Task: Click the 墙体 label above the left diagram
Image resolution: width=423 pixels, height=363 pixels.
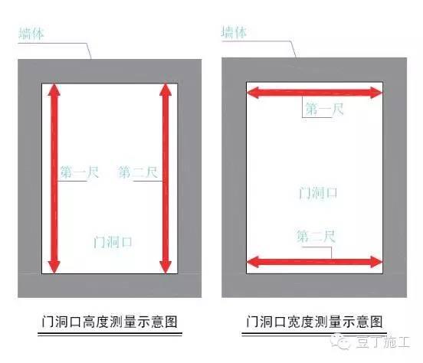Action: tap(31, 34)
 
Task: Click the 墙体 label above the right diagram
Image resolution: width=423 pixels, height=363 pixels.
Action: tap(234, 32)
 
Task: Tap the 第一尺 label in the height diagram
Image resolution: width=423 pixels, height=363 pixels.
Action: tap(80, 172)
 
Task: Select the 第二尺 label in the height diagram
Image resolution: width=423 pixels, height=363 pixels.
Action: tap(138, 172)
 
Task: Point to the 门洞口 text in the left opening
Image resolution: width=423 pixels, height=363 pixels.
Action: tap(113, 242)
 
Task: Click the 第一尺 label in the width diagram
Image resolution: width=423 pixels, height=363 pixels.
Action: tap(324, 109)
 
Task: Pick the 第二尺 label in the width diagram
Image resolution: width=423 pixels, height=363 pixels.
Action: tap(316, 236)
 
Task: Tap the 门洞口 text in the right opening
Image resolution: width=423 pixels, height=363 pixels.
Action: tap(318, 193)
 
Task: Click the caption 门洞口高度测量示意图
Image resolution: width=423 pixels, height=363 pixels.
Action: tap(110, 322)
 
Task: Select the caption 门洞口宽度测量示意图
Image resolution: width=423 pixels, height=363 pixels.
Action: tap(314, 322)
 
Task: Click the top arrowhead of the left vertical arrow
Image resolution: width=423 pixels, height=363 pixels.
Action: tap(54, 90)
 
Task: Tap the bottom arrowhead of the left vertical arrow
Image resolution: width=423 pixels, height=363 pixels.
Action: tap(54, 267)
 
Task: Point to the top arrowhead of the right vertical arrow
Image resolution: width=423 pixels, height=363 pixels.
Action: tap(166, 90)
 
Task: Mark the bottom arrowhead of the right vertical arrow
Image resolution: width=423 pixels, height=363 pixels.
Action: tap(166, 267)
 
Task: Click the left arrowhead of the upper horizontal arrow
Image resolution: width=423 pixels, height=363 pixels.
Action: tap(253, 93)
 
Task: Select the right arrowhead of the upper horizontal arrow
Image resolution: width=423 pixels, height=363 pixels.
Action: tap(376, 93)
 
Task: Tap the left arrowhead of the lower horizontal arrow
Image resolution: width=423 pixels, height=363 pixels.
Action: tap(253, 262)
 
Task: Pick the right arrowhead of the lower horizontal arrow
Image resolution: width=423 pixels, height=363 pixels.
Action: tap(376, 262)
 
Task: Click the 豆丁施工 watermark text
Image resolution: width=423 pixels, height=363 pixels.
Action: tap(383, 342)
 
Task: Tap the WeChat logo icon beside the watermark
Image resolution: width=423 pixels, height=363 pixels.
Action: tap(340, 342)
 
